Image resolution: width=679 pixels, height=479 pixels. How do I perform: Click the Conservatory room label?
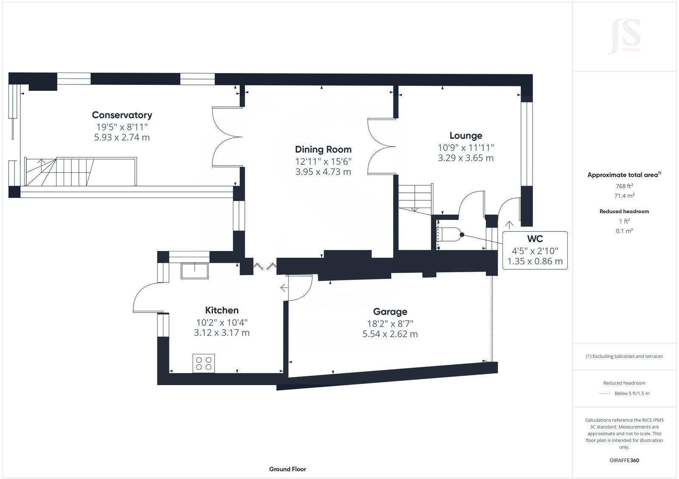click(122, 115)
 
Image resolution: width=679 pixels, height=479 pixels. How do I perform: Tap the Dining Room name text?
click(323, 149)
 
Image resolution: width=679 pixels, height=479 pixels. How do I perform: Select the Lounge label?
click(466, 136)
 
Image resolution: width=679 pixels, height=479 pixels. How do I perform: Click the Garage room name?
click(390, 312)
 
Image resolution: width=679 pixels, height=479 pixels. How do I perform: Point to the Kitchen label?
click(222, 310)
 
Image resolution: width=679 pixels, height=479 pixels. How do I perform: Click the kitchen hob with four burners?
click(203, 363)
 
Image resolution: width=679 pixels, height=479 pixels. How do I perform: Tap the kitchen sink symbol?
click(195, 271)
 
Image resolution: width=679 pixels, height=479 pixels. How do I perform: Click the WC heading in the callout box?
click(535, 239)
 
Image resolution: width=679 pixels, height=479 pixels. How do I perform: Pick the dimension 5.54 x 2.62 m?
click(390, 334)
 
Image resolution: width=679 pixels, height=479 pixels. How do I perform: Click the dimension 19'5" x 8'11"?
click(122, 127)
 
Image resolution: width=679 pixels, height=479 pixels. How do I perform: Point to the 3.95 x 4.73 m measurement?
click(323, 172)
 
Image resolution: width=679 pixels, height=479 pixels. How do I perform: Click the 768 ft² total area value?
click(624, 186)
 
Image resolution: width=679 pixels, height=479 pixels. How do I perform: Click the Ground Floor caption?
click(287, 469)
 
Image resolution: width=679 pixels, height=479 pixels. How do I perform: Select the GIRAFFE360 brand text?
click(624, 460)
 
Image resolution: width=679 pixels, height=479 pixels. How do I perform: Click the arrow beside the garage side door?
click(283, 288)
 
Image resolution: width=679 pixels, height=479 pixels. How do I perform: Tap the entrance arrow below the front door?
click(509, 225)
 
